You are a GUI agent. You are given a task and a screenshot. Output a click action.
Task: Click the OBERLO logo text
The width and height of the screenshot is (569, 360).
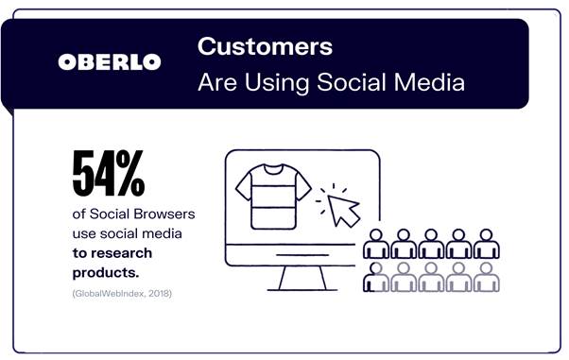110,62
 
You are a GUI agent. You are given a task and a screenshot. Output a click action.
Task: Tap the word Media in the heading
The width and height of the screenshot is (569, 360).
431,83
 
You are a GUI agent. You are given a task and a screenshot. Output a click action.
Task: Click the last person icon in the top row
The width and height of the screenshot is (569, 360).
487,244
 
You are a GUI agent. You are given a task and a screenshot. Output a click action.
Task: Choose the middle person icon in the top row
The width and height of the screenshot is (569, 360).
432,244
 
